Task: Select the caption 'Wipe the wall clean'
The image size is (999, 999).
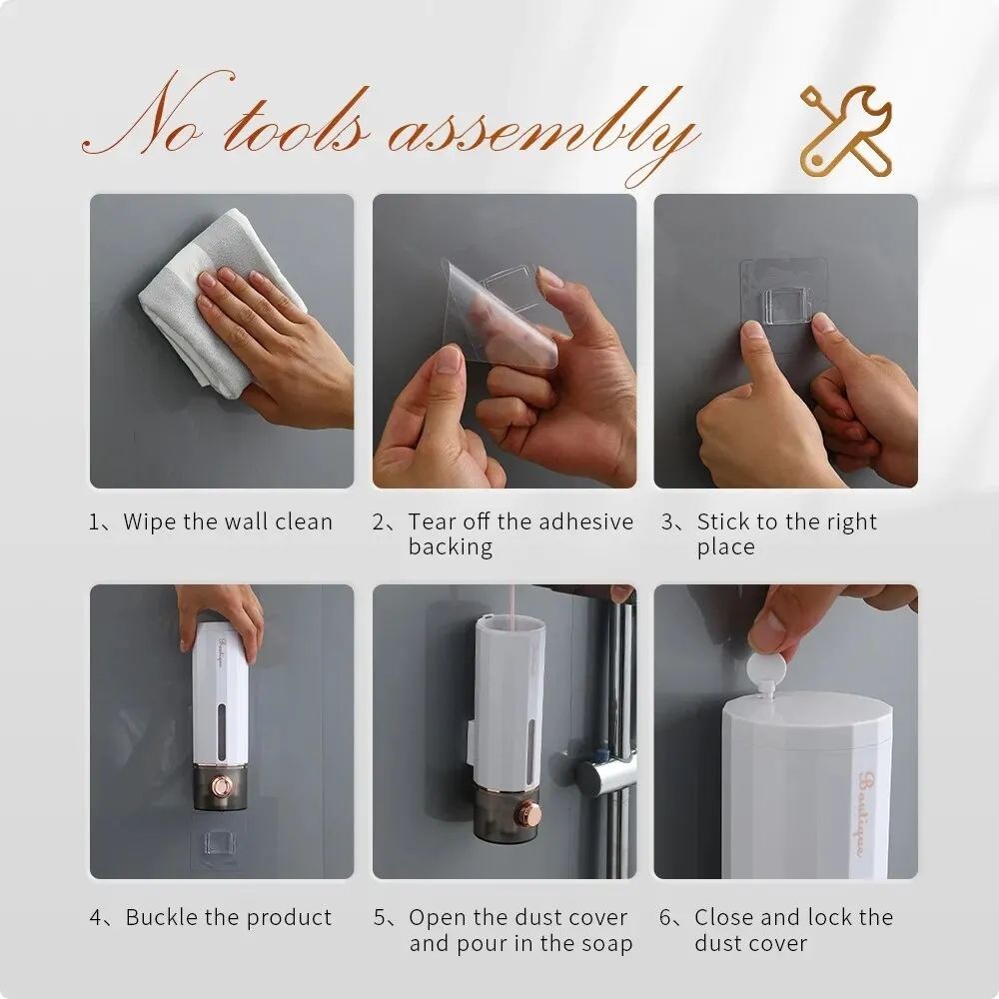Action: click(x=212, y=522)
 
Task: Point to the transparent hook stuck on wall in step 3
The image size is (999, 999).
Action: click(x=783, y=300)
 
